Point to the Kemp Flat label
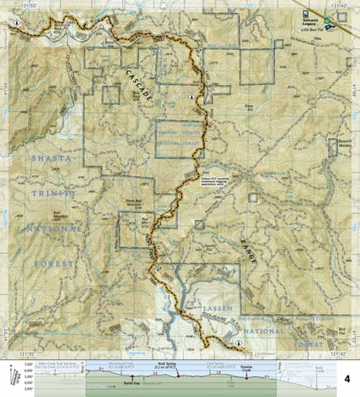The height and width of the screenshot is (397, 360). [273, 106]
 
